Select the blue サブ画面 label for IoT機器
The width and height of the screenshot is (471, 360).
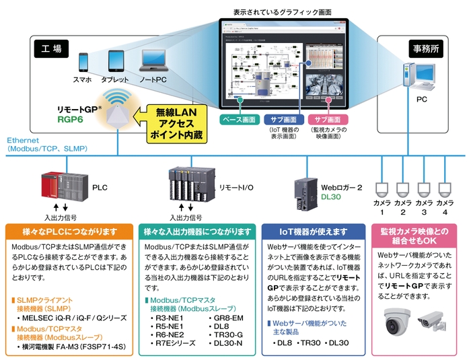pyautogui.click(x=283, y=120)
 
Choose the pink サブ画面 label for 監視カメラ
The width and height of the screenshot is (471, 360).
pyautogui.click(x=328, y=120)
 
